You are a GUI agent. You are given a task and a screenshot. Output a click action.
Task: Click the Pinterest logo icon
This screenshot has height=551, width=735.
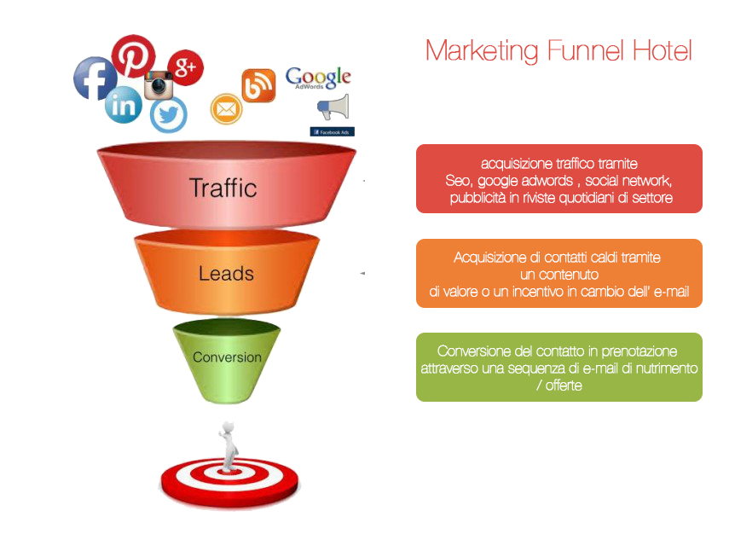tap(134, 55)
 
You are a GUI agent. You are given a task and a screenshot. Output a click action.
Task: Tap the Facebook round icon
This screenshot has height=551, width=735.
tap(95, 78)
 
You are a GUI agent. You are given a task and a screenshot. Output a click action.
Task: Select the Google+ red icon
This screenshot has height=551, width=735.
tap(186, 67)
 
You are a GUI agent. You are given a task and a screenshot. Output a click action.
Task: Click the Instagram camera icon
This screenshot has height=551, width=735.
tap(159, 85)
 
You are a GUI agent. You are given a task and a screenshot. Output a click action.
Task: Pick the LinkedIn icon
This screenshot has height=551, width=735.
tap(124, 105)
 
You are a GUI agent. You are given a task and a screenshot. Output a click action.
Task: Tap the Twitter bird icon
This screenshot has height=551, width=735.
tap(169, 114)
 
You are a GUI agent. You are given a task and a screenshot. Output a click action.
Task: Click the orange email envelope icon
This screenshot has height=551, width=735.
tap(227, 109)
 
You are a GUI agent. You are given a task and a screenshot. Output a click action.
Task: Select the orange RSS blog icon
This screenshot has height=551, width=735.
tap(258, 85)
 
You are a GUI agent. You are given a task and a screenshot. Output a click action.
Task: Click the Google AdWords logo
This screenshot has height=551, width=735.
tap(318, 78)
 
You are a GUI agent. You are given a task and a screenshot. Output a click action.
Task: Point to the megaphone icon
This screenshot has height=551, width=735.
tap(333, 107)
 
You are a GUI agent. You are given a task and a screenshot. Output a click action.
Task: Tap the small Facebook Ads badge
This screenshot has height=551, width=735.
tap(333, 131)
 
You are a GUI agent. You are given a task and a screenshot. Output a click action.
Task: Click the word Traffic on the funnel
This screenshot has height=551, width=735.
tap(223, 188)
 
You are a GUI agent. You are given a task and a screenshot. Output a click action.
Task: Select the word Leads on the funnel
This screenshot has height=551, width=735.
tap(226, 274)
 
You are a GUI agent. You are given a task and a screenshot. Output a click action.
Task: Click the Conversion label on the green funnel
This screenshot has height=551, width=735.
tap(228, 357)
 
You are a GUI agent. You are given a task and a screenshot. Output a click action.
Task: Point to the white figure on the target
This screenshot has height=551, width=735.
tap(229, 446)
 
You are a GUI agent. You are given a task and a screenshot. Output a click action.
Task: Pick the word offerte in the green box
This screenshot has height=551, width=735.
tap(564, 386)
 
